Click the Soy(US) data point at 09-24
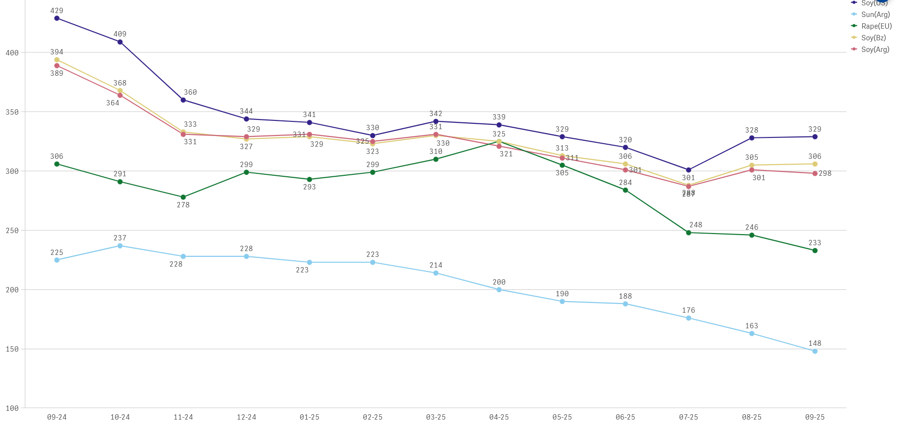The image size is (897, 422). [57, 18]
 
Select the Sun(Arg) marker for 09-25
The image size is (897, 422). [815, 351]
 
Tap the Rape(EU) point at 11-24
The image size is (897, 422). [183, 197]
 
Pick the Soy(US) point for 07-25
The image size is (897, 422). [688, 170]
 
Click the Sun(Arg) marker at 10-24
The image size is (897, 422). [120, 246]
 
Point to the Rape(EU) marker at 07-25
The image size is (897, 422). [688, 233]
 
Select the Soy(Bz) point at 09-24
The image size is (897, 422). [57, 60]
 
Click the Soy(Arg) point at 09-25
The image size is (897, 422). [815, 173]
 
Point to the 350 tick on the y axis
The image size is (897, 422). [12, 112]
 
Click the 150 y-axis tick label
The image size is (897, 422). [12, 349]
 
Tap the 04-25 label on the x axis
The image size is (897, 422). [499, 417]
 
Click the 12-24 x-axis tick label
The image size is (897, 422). [246, 417]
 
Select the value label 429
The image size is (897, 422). [57, 11]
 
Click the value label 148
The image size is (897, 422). [815, 343]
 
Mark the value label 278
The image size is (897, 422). [183, 205]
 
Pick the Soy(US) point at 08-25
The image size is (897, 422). [751, 138]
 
